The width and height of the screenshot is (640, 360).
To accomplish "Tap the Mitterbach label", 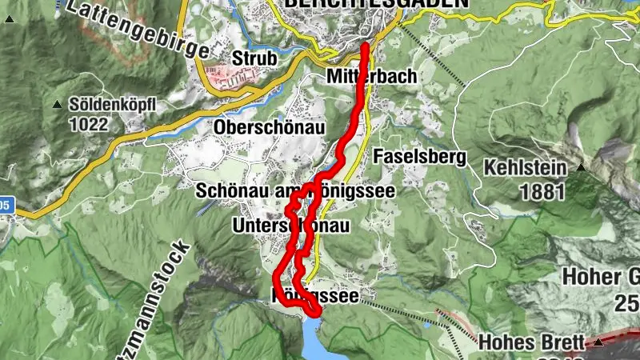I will (371, 78).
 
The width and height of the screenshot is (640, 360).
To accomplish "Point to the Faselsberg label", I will (419, 157).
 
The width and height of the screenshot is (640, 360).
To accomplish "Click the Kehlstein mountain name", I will (525, 168).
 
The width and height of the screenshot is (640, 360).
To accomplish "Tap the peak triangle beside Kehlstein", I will (581, 167).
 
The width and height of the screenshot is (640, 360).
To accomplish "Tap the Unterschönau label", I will (290, 227).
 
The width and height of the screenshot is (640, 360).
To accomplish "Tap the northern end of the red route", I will (365, 46).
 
